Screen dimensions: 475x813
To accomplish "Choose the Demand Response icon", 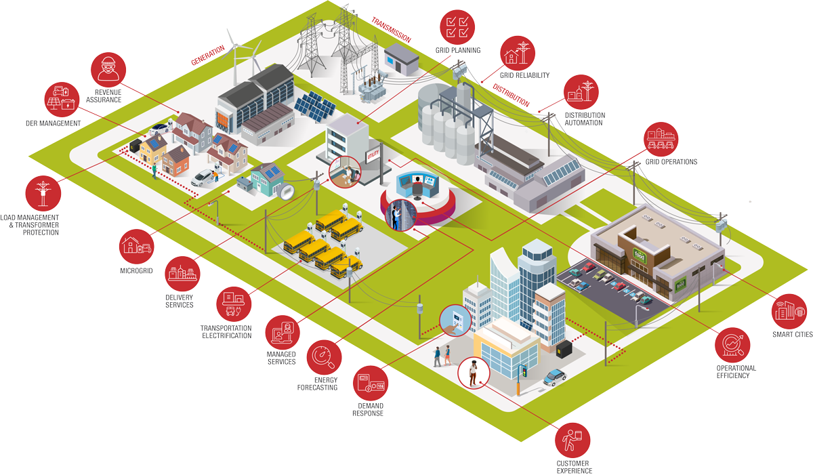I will click(373, 384).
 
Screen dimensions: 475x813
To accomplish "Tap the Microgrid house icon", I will click(136, 245).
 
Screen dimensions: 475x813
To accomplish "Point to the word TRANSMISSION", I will click(391, 30).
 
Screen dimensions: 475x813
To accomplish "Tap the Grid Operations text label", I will click(671, 162).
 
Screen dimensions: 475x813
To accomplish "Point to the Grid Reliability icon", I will click(517, 52).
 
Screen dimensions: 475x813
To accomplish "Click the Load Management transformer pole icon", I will click(42, 193).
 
